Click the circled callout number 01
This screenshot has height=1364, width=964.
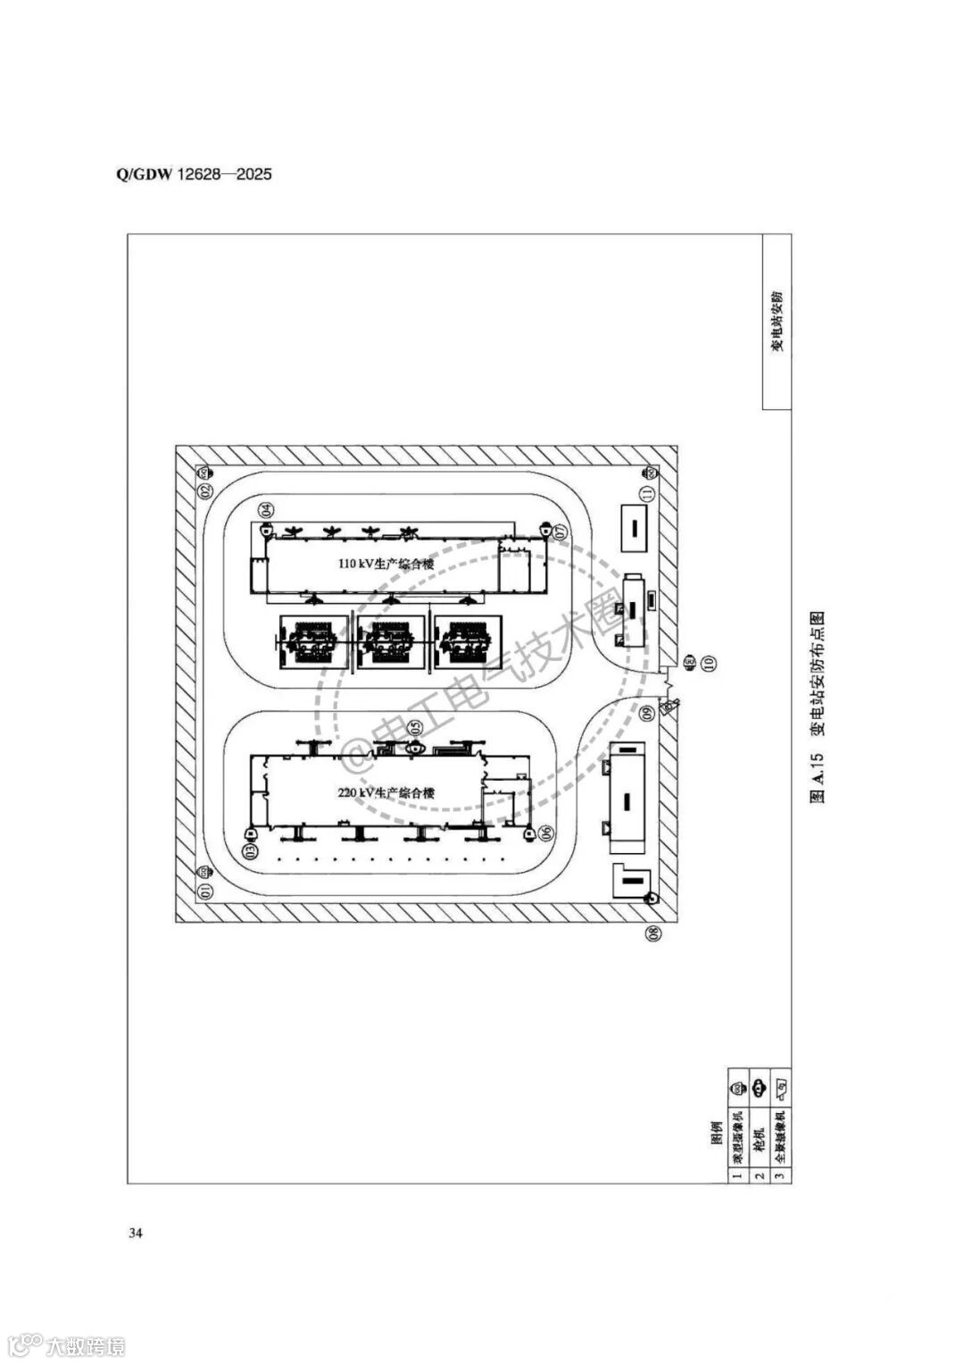[204, 891]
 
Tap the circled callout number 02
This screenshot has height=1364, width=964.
[204, 491]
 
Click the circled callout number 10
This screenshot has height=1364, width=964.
[709, 663]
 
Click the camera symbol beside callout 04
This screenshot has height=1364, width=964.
[264, 528]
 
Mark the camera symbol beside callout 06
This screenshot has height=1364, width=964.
[530, 835]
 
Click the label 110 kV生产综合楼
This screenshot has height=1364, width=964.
[386, 565]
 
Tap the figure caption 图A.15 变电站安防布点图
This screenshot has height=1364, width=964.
[817, 706]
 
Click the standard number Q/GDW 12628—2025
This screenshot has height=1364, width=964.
[194, 173]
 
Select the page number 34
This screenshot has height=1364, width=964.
[136, 1234]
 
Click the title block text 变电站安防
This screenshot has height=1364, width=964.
[777, 320]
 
